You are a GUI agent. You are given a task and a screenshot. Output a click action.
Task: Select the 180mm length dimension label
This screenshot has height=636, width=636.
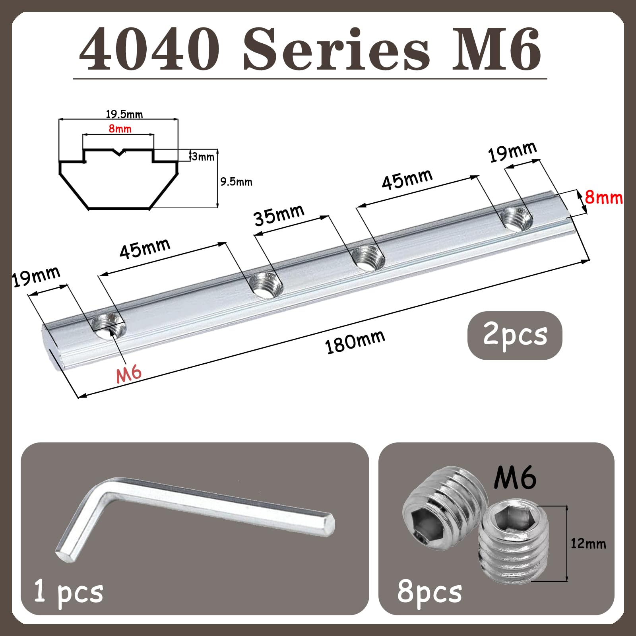pos(355,341)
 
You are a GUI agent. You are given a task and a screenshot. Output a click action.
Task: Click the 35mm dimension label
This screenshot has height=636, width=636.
pos(279,215)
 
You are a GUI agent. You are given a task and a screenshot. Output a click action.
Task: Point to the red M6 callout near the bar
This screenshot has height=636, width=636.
pos(129,374)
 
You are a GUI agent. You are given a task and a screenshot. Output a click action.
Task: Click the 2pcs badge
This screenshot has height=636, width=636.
pos(515,335)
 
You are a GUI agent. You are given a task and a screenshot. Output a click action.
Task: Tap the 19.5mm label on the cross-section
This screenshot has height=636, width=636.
pos(124,114)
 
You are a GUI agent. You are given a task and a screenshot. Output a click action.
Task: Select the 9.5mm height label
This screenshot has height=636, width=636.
pos(236,182)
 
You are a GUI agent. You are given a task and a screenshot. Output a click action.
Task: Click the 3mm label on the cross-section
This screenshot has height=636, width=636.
pos(203,156)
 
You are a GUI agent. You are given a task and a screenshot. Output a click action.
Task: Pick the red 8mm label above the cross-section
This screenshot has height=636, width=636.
pos(120,128)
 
